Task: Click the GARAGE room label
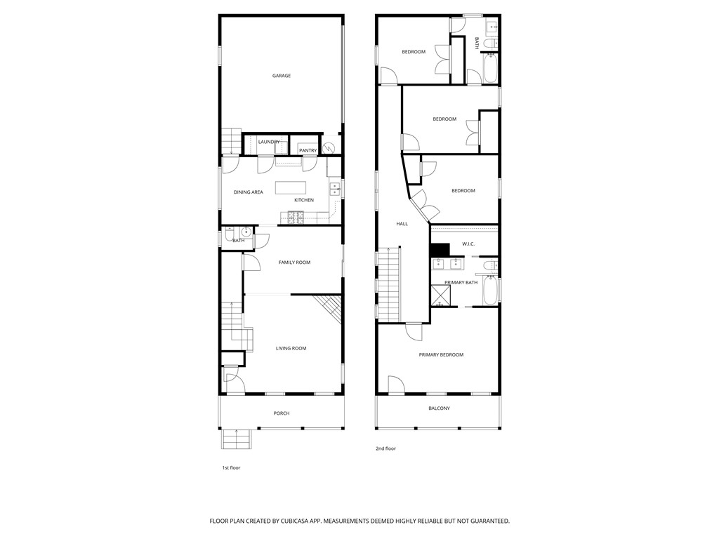tap(282, 76)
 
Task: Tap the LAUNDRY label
tap(268, 142)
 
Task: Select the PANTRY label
tap(308, 150)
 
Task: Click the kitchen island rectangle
tap(291, 187)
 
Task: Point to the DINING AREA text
tap(248, 192)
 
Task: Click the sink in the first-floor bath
tap(246, 232)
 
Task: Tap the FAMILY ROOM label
tap(294, 262)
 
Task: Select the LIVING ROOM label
tap(291, 348)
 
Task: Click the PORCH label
tap(282, 413)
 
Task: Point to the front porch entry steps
tap(237, 439)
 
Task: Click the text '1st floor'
tap(231, 467)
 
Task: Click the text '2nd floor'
tap(385, 448)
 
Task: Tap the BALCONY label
tap(439, 408)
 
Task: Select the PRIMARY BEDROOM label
tap(441, 355)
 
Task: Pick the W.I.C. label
tap(468, 244)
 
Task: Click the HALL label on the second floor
tap(402, 224)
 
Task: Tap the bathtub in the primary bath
tap(490, 291)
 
